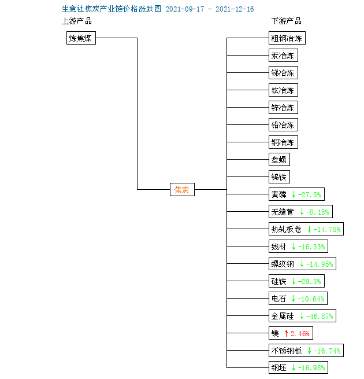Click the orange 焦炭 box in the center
182,190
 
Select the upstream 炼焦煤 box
81,38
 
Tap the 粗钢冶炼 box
287,38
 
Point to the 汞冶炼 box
283,56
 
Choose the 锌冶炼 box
283,107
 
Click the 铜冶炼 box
283,142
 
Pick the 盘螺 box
279,160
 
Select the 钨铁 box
279,177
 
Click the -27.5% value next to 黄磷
310,194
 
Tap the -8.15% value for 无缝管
317,212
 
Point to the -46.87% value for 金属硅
320,316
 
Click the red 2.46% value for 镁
300,333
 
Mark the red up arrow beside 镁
286,333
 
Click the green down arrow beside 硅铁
294,281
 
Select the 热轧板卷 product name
287,229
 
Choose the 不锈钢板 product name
287,351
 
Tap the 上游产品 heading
77,21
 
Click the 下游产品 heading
286,21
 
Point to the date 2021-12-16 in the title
235,9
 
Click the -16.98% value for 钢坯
311,368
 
